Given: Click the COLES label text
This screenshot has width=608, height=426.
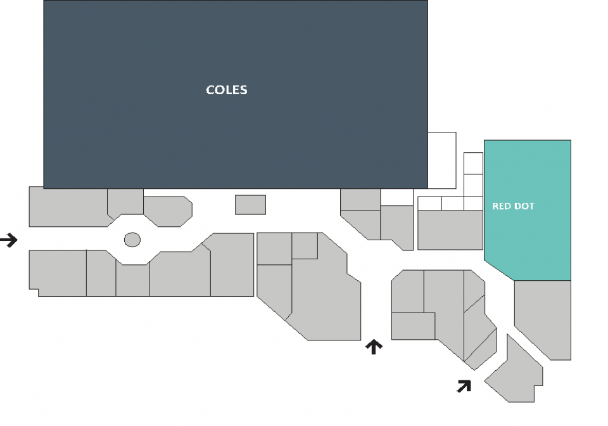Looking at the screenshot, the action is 227,89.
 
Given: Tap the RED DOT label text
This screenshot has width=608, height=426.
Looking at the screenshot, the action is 514,206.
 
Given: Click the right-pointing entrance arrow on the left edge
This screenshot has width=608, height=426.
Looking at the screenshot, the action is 8,240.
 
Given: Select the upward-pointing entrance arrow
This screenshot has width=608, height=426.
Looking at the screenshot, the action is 374,347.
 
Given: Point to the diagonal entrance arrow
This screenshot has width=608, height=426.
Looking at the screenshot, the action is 464,386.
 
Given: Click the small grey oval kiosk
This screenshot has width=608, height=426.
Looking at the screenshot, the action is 132,240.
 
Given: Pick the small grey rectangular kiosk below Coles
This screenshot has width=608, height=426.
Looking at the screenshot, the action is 251,205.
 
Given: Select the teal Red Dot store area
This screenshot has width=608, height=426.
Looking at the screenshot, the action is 528,209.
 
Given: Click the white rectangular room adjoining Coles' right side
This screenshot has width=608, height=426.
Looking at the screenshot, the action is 442,160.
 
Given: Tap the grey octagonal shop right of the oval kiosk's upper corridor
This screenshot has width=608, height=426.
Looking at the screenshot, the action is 168,212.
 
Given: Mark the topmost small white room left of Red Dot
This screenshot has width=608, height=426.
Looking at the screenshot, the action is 474,164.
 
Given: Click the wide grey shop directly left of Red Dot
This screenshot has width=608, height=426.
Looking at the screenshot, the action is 450,229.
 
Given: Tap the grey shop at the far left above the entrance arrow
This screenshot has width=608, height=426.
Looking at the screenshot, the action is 68,207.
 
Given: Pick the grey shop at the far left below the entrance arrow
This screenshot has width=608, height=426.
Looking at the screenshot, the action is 58,273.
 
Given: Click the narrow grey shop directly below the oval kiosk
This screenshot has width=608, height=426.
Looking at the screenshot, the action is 132,280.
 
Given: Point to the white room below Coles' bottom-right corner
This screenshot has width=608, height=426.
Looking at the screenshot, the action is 396,197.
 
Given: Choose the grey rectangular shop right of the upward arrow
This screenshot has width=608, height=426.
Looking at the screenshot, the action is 414,326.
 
